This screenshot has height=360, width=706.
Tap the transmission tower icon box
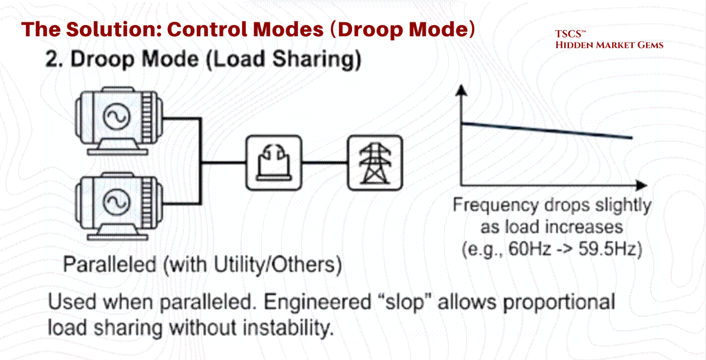[x=375, y=162]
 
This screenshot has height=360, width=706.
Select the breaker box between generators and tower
[x=274, y=162]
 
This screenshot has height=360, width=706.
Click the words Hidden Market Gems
[x=609, y=45]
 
